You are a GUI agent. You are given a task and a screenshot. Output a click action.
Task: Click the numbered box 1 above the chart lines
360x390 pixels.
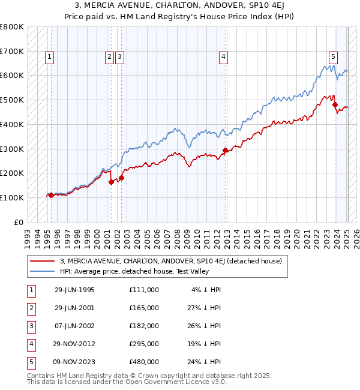click(x=49, y=57)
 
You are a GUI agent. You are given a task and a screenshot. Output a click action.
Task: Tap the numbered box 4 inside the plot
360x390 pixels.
click(x=223, y=57)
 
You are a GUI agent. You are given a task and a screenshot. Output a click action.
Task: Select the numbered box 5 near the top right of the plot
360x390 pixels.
click(x=332, y=57)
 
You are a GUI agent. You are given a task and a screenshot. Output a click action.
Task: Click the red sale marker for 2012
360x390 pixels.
click(x=226, y=150)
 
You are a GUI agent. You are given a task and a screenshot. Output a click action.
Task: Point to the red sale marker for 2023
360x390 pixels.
click(x=335, y=104)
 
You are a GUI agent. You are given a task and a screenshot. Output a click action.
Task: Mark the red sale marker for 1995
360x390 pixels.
click(x=51, y=195)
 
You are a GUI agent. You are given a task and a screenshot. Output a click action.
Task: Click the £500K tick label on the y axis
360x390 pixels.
click(x=11, y=100)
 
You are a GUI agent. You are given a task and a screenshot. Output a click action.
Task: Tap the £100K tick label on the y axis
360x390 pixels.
click(x=11, y=197)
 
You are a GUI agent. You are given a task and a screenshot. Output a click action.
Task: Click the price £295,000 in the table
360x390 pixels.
click(x=144, y=344)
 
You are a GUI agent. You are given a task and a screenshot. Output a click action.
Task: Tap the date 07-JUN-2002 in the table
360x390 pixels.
click(x=74, y=326)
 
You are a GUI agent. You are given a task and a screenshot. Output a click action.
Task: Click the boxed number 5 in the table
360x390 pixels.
click(x=30, y=362)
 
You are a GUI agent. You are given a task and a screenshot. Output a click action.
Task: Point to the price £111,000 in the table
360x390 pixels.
click(x=144, y=290)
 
